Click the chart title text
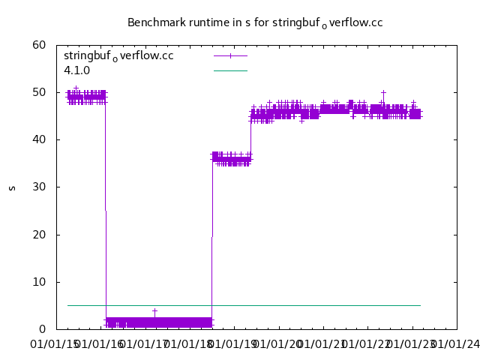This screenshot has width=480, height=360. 255,22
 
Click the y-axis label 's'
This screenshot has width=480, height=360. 12,187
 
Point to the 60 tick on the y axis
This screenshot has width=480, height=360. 40,45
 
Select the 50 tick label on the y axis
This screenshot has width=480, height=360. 40,92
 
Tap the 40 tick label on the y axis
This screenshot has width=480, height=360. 40,139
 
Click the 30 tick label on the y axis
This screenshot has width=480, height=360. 40,187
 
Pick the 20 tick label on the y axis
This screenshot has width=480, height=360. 40,235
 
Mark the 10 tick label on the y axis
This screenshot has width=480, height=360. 40,282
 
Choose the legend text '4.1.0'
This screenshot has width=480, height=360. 77,70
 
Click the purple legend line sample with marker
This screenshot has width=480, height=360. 230,55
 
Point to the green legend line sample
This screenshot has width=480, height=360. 230,70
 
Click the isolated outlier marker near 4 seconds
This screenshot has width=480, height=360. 154,310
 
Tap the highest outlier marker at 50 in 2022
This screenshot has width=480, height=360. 383,92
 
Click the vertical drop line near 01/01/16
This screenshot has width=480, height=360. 105,210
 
